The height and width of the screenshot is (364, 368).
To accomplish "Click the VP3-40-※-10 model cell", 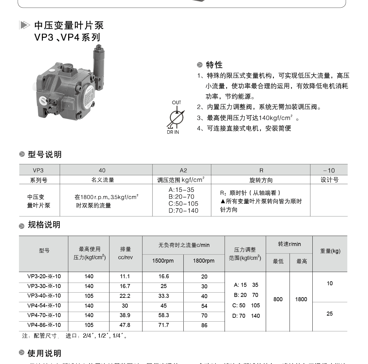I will [44, 296].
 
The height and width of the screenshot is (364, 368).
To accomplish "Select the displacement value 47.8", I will [125, 325].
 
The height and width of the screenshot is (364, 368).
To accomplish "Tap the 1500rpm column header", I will [163, 261].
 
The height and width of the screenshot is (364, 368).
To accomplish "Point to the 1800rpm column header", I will [204, 261].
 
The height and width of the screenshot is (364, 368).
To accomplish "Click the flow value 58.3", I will [164, 315].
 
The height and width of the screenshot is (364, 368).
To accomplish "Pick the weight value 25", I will [329, 314].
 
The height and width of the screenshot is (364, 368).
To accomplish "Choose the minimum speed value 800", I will [278, 299].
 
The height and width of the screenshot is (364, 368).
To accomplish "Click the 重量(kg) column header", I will [330, 251].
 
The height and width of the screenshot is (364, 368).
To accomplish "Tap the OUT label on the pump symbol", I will [176, 102].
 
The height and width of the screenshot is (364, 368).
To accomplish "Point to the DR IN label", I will [173, 132].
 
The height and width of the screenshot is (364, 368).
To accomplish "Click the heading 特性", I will [214, 65].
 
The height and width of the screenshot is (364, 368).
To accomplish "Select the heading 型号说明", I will [45, 155].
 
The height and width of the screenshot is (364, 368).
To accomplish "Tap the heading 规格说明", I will [44, 225].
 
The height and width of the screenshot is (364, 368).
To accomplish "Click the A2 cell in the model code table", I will [183, 170].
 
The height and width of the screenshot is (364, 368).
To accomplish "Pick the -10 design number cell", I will [329, 170].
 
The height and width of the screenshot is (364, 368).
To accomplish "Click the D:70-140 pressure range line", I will [183, 211].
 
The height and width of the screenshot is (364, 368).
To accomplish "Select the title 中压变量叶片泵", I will [69, 25].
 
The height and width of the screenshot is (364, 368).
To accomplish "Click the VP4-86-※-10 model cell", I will [44, 325].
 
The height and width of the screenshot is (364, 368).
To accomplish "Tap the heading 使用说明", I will [44, 353].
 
